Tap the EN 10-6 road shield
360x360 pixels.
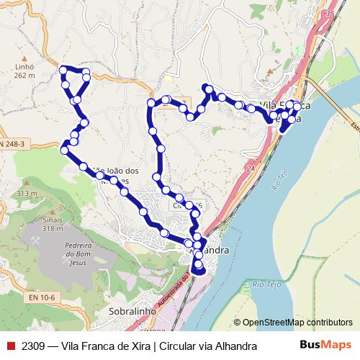pos(43,297)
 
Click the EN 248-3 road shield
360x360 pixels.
pos(12,144)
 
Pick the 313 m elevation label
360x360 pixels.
pos(27,194)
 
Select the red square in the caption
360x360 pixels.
pos(9,346)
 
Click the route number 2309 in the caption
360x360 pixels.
pos(33,346)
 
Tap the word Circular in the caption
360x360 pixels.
pos(179,346)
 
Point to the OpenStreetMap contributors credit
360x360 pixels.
pos(292,323)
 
